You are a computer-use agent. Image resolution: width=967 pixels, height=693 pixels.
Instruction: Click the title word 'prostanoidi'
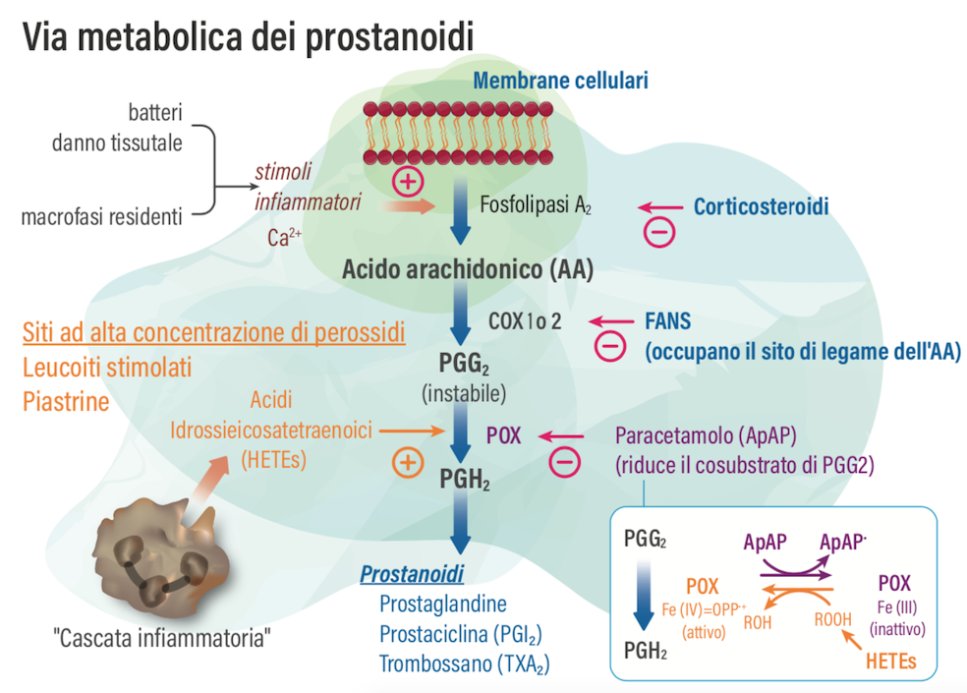(391, 36)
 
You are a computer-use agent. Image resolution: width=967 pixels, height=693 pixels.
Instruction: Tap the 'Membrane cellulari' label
(561, 81)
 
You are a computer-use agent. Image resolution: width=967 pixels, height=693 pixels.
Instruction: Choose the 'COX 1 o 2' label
(525, 320)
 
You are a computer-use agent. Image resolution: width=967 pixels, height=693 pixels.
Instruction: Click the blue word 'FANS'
(667, 320)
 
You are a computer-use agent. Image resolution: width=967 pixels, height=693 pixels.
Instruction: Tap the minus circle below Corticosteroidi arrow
(658, 233)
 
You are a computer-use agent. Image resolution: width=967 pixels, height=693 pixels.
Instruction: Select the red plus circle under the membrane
(407, 181)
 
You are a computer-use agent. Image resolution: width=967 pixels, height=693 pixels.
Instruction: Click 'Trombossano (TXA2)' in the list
(464, 664)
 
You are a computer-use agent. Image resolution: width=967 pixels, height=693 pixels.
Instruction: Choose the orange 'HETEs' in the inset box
(890, 662)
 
